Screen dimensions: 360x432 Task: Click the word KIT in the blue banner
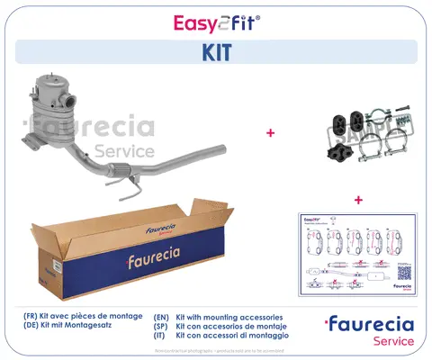tap(215, 52)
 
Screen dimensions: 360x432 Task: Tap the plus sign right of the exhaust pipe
tap(269, 132)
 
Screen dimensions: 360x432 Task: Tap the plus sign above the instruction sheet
tap(358, 199)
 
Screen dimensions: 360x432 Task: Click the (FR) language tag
tap(33, 318)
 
